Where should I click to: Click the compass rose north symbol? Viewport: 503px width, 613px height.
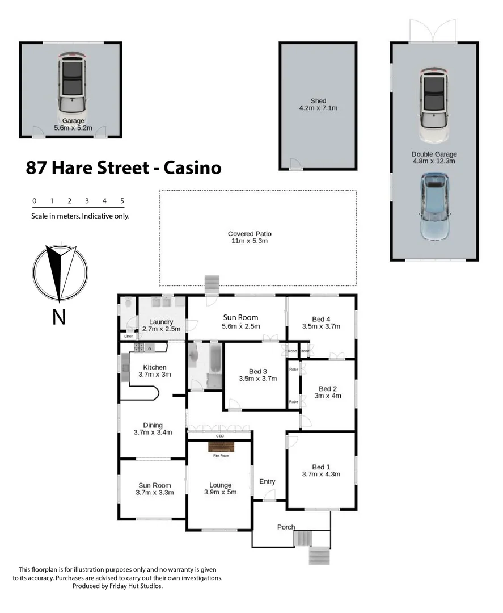coord(60,272)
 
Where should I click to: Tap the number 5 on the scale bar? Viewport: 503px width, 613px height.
coord(122,201)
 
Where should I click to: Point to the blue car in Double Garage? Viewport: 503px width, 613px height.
coord(436,206)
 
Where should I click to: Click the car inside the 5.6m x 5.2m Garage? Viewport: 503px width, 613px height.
coord(71,82)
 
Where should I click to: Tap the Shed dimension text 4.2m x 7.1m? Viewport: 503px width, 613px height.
coord(318,107)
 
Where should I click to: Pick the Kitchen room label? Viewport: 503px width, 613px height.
coord(154,367)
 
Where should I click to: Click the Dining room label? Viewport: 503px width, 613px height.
coord(153,425)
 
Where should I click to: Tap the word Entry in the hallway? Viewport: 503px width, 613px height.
coord(267,481)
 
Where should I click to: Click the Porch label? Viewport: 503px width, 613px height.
coord(286,527)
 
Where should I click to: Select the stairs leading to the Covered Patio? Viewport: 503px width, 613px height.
coord(212,282)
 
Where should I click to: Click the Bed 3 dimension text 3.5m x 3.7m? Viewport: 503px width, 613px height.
coord(257,379)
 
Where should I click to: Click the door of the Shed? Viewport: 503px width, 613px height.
coord(295,165)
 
